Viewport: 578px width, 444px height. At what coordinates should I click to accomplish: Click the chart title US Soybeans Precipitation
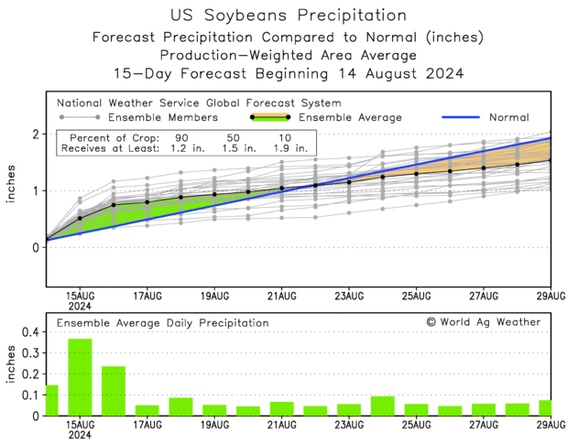pyautogui.click(x=289, y=16)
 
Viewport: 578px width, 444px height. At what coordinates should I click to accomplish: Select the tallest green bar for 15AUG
pyautogui.click(x=80, y=377)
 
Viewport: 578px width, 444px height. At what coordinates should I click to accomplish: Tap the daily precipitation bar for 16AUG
pyautogui.click(x=114, y=391)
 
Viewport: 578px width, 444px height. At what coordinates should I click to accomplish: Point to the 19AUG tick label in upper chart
pyautogui.click(x=214, y=296)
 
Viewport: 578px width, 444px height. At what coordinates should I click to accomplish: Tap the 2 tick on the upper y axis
pyautogui.click(x=35, y=134)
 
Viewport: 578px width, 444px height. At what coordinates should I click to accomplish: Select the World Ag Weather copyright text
pyautogui.click(x=483, y=322)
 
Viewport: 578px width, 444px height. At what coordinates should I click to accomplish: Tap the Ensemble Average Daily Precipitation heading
pyautogui.click(x=163, y=322)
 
